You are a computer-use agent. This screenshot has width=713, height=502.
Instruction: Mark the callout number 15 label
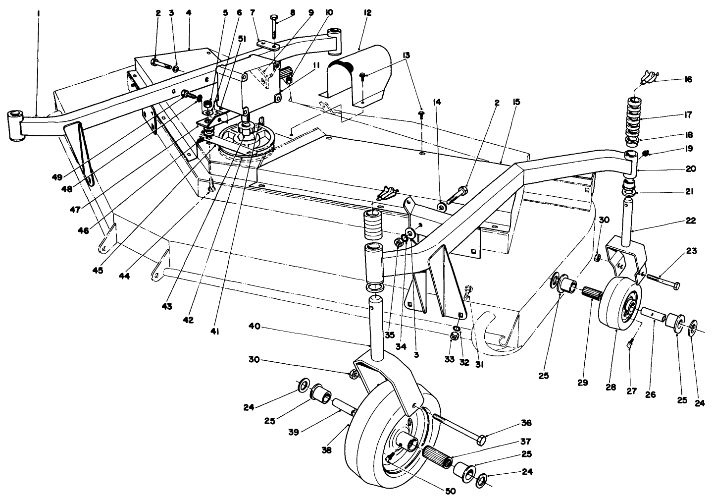tap(516, 103)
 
